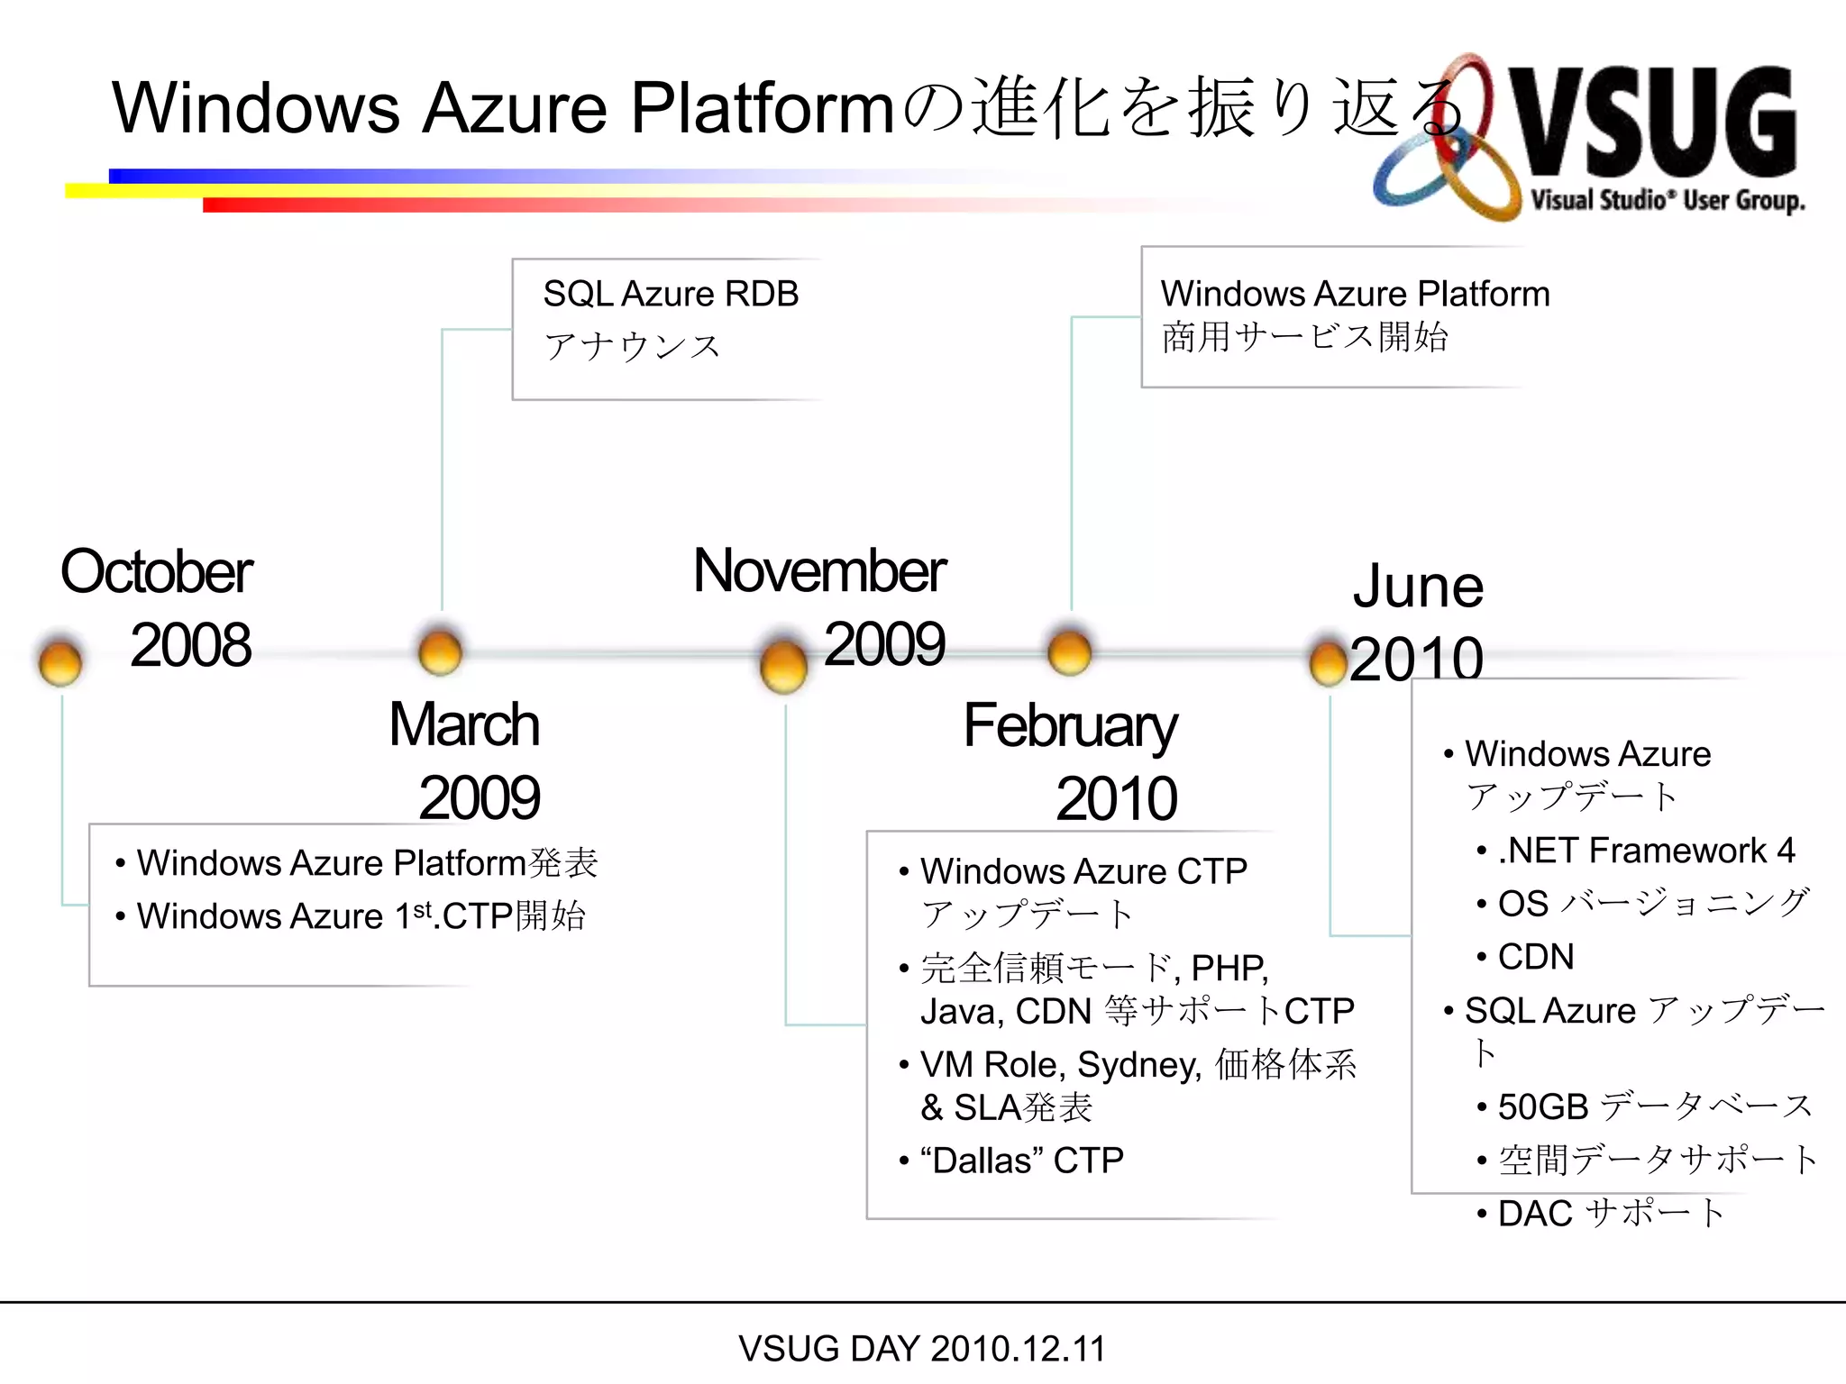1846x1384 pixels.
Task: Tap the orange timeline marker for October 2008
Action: click(x=60, y=662)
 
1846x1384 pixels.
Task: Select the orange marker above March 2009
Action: click(x=440, y=651)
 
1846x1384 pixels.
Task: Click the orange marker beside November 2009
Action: click(x=783, y=666)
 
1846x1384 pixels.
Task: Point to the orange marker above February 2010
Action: click(x=1070, y=651)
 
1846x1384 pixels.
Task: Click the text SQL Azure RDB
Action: click(x=671, y=294)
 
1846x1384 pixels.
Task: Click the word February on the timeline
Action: click(x=1070, y=725)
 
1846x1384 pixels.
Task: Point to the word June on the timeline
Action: click(x=1417, y=587)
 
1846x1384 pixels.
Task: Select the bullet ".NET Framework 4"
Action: click(x=1646, y=851)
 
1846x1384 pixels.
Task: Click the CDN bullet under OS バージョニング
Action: click(x=1535, y=957)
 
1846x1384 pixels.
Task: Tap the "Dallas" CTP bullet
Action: click(x=1021, y=1161)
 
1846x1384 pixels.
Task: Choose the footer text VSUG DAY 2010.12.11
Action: click(x=921, y=1349)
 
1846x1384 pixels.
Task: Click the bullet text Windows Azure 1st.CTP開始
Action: click(x=361, y=916)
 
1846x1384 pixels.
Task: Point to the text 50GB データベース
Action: click(x=1654, y=1106)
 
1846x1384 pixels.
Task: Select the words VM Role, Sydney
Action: click(x=1060, y=1065)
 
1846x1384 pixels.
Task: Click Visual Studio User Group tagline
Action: click(x=1667, y=200)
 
